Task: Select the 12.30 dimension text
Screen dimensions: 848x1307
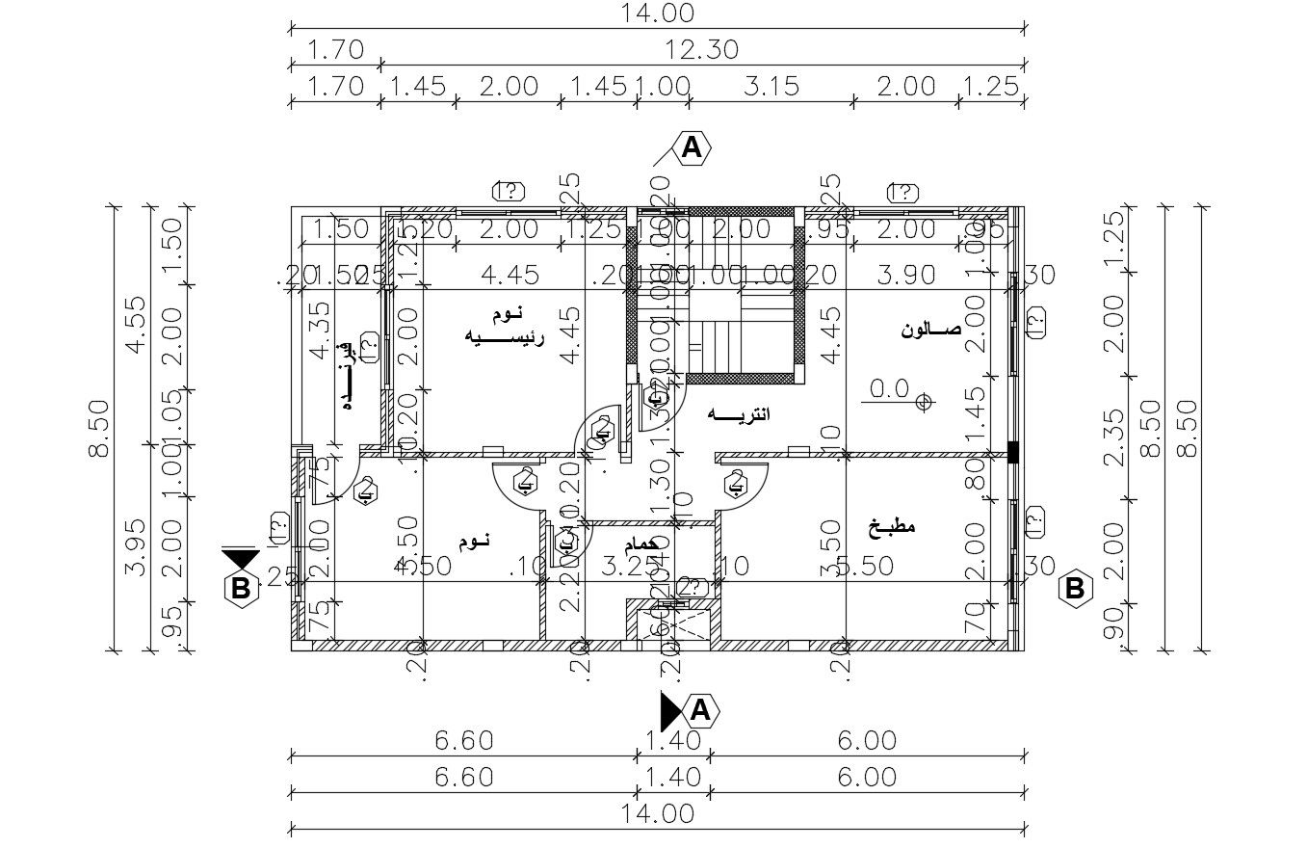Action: click(702, 49)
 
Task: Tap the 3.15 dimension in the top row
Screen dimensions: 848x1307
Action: click(771, 86)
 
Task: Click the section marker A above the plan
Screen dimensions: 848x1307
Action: click(691, 147)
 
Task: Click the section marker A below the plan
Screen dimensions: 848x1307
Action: click(700, 710)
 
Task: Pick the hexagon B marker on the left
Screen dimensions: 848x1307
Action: click(240, 587)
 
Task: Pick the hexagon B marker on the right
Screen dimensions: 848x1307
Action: click(1074, 587)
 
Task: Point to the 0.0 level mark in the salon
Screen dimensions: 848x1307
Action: click(889, 388)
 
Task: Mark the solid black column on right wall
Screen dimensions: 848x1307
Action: click(1012, 451)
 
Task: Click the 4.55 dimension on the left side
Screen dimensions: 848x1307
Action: click(135, 325)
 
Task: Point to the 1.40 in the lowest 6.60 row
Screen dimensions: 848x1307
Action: click(671, 777)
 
